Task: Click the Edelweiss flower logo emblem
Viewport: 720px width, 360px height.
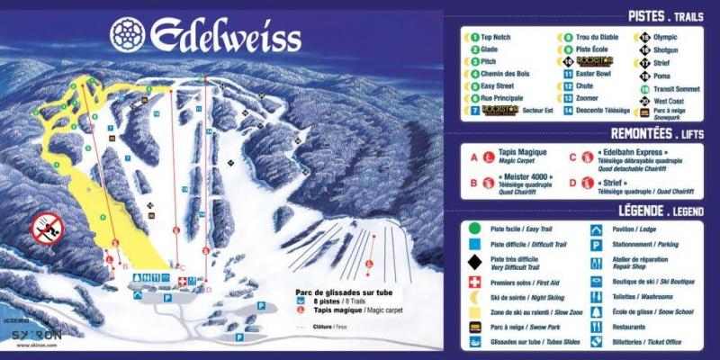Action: pyautogui.click(x=127, y=34)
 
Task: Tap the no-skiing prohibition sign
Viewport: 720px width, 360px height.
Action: pyautogui.click(x=47, y=228)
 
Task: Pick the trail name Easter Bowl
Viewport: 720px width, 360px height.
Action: pyautogui.click(x=595, y=74)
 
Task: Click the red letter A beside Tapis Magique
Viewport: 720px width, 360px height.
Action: pyautogui.click(x=473, y=156)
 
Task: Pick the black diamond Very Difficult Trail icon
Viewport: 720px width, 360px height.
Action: pyautogui.click(x=473, y=262)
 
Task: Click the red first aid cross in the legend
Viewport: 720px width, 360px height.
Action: pyautogui.click(x=473, y=282)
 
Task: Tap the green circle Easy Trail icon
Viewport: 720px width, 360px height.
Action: pyautogui.click(x=473, y=228)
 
